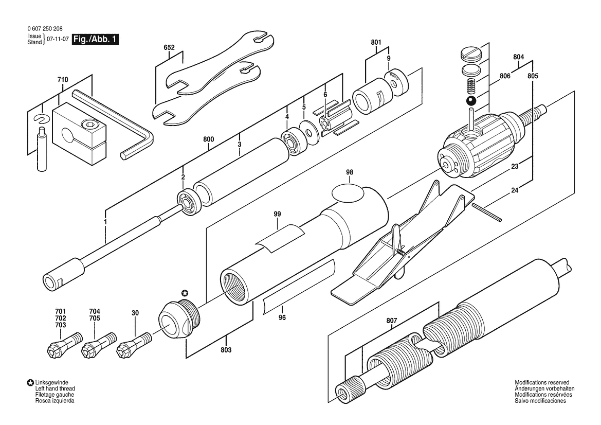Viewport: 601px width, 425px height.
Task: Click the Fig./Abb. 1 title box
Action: coord(96,39)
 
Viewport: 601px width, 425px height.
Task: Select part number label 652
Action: coord(169,47)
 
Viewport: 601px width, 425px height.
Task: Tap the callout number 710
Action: coord(63,80)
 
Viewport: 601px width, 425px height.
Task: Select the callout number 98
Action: coord(350,172)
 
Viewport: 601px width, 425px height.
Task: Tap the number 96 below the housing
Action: coord(282,317)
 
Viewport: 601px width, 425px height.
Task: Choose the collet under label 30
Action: coord(135,343)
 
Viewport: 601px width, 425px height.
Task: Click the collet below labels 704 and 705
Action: coord(99,344)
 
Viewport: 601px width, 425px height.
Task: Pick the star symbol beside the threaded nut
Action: coord(185,293)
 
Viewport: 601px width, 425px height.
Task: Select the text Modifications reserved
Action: coord(542,382)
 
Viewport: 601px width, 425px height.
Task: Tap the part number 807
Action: coord(392,321)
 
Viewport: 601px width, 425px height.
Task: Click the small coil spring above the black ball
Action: coord(471,86)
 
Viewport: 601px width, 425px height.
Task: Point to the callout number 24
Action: coord(515,190)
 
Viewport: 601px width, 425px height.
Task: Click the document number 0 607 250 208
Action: coord(45,29)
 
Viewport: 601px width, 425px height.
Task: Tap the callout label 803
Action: coord(226,350)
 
